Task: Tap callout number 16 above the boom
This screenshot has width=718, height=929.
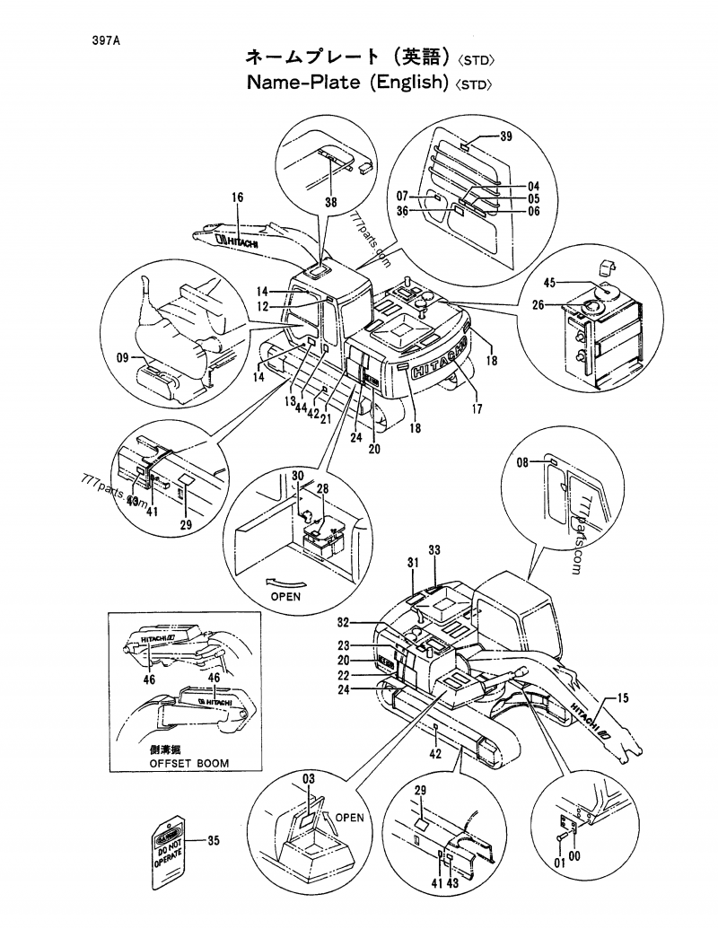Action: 237,197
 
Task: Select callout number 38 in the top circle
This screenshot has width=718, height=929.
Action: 330,203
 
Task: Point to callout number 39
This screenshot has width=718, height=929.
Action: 506,136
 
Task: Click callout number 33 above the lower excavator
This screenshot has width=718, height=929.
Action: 434,549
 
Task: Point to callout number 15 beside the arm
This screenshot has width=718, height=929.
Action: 623,697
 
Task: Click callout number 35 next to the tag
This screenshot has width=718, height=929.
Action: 213,841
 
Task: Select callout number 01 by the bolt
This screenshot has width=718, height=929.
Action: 559,863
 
